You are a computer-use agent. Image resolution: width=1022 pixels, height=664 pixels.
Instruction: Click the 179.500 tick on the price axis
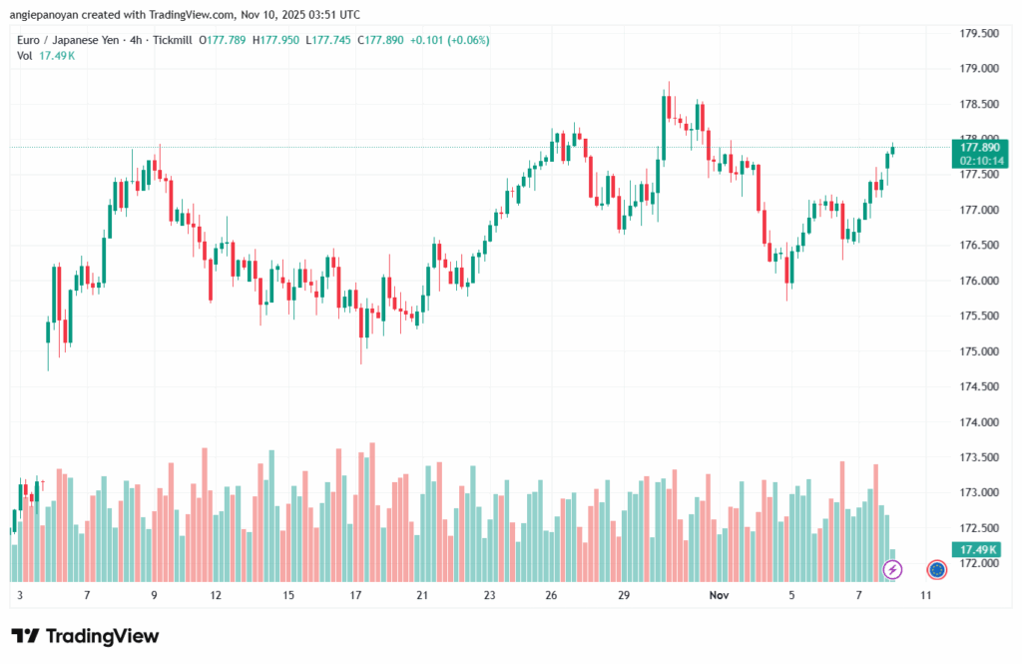tap(977, 33)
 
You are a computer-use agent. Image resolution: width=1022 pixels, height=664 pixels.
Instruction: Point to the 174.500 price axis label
tap(977, 386)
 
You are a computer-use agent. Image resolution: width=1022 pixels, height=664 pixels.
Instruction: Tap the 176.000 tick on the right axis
tap(977, 281)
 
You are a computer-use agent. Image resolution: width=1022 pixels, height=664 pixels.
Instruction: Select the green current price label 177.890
tap(977, 147)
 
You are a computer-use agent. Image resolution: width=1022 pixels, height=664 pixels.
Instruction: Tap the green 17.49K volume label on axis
tap(977, 550)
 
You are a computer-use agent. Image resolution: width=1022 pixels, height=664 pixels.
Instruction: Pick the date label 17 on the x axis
tap(355, 595)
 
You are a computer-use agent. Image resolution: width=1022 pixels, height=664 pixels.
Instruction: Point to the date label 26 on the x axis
tap(551, 595)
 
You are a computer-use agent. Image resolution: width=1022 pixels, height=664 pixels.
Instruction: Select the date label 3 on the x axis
tap(20, 595)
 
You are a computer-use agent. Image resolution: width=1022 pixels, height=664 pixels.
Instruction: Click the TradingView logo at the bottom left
tap(85, 636)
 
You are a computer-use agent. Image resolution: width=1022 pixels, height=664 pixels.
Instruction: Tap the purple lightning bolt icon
tap(893, 569)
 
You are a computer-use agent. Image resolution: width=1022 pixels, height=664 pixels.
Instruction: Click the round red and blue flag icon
tap(936, 569)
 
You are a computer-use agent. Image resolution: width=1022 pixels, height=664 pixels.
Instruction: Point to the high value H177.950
tap(277, 40)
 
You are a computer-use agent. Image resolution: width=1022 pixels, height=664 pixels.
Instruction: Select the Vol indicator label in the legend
tap(25, 55)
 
